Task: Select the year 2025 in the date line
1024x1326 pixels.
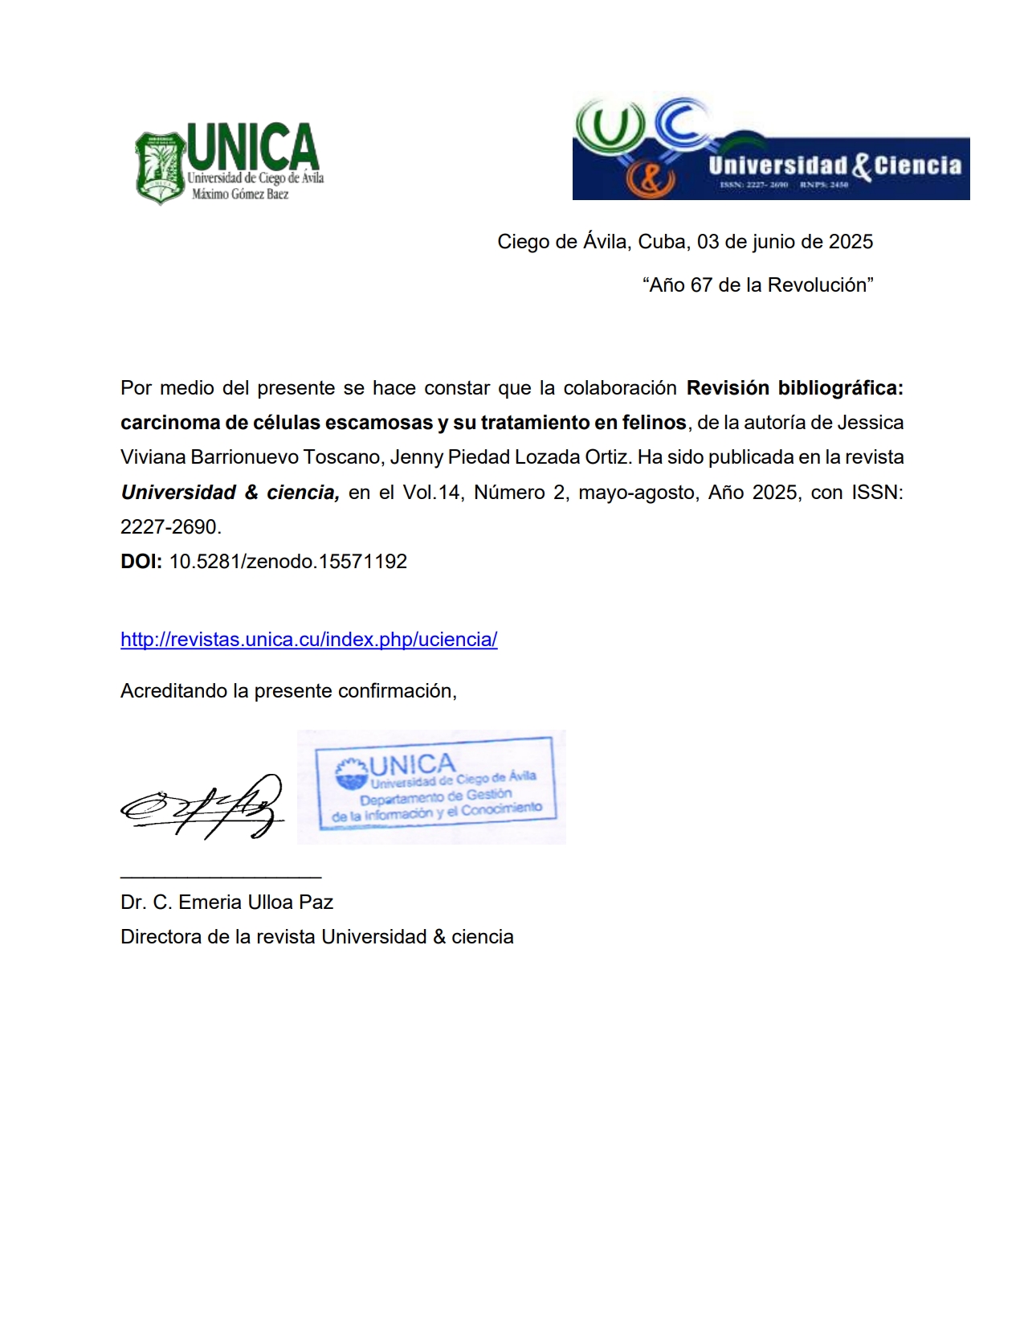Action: pos(851,242)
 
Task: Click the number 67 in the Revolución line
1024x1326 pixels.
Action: pos(701,285)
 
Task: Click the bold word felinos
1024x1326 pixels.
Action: pos(654,423)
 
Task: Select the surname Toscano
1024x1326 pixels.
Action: pos(345,457)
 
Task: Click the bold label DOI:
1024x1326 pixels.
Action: pos(141,562)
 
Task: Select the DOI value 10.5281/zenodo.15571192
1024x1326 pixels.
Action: pos(288,562)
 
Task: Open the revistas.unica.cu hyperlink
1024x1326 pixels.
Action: pos(308,640)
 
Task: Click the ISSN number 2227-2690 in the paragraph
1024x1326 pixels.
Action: pos(169,527)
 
